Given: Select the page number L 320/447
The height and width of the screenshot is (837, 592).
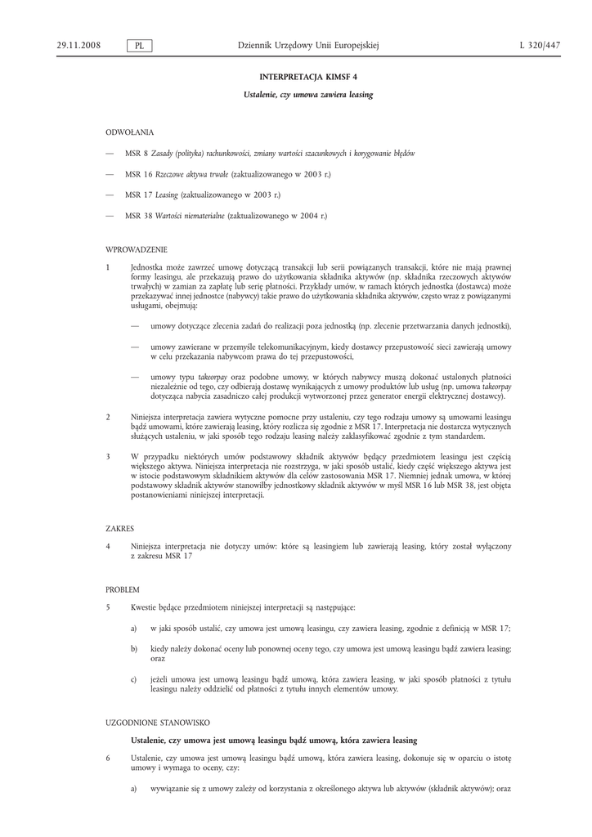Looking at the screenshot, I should pos(540,46).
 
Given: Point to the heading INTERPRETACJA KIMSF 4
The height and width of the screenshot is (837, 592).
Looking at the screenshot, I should pos(308,76).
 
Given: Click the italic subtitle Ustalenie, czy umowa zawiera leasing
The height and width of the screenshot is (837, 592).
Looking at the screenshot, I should pos(308,95).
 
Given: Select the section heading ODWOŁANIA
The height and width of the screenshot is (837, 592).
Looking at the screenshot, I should pos(129,132).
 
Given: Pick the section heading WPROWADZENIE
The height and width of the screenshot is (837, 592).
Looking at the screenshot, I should pos(137,249).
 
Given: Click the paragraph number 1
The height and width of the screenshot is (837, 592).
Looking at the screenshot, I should pos(108,267).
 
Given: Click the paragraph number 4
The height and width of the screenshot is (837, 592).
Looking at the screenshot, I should pos(108,546).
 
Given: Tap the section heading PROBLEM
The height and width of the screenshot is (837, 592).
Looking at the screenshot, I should pos(123,589).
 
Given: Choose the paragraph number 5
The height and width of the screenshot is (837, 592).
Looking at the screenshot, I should pos(108,607).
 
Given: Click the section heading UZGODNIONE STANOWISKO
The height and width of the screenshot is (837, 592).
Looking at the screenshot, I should pos(158,723).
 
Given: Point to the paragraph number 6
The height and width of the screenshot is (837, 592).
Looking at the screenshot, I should pos(108,758).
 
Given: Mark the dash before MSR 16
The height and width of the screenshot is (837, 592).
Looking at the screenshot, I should pos(110,174).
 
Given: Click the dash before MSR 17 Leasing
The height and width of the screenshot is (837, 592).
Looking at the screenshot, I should pos(110,195).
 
